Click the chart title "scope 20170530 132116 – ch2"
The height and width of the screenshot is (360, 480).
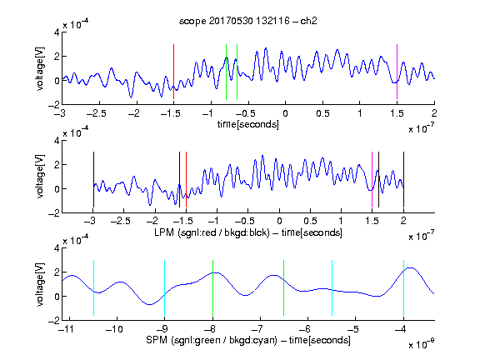(248, 21)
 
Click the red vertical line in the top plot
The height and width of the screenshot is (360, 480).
(173, 72)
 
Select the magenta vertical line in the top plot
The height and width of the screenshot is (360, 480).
(397, 72)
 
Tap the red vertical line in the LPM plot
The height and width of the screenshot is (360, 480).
(186, 180)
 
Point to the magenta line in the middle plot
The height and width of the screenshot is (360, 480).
(372, 180)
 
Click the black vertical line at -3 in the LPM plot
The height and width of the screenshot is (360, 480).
(93, 180)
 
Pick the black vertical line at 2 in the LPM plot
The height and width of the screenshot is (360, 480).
(403, 180)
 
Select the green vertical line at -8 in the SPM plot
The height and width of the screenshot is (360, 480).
(212, 287)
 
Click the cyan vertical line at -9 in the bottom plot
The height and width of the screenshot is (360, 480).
(164, 287)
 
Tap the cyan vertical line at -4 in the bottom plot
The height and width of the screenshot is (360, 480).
(403, 287)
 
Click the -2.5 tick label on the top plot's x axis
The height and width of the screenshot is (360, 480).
(97, 113)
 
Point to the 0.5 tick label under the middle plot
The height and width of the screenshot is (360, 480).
(310, 221)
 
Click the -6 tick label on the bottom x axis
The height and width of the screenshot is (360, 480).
(305, 329)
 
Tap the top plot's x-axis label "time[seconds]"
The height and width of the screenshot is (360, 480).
(248, 124)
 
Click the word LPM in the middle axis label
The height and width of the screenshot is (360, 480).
(164, 232)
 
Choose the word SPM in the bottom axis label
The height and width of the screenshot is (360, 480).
(156, 340)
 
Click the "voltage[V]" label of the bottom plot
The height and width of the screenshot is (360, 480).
(40, 284)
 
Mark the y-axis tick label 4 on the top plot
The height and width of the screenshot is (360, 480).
(57, 32)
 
